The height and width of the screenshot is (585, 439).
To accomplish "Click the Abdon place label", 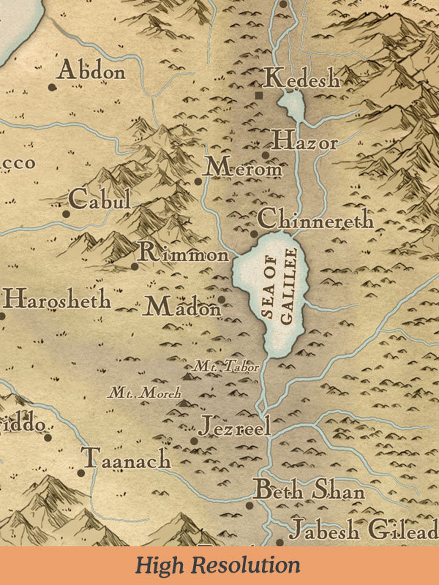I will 92,70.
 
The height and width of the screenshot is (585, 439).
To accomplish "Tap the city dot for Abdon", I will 52,87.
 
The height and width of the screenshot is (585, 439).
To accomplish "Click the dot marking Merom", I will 198,181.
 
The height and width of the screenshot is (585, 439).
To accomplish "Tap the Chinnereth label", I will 315,219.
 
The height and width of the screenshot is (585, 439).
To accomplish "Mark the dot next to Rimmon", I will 135,266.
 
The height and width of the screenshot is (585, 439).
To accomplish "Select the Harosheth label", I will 57,299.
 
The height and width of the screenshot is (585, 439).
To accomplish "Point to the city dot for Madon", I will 221,299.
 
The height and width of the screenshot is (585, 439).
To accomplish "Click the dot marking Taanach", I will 81,473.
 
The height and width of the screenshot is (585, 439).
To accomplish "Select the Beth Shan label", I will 308,491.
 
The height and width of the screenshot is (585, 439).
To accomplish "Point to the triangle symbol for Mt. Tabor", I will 188,376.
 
